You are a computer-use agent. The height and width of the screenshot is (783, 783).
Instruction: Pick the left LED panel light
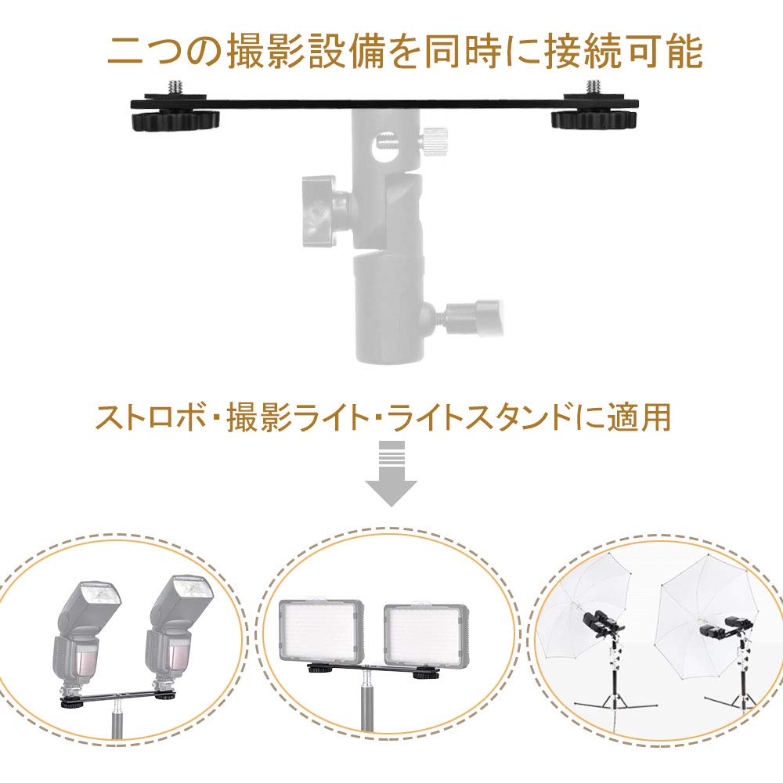coord(321,631)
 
